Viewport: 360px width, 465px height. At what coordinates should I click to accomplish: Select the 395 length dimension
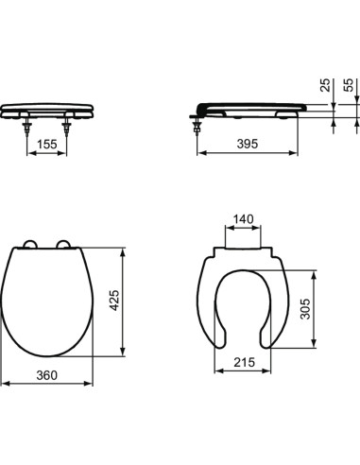pyautogui.click(x=248, y=144)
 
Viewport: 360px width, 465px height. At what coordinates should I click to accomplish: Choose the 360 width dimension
pyautogui.click(x=49, y=375)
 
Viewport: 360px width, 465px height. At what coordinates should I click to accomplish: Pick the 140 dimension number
pyautogui.click(x=243, y=220)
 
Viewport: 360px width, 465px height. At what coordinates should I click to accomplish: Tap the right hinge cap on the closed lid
pyautogui.click(x=68, y=244)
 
